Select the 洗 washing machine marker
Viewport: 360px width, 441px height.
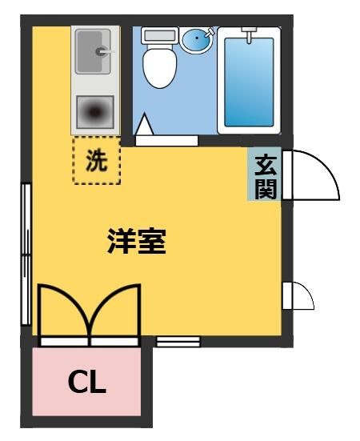click(96, 161)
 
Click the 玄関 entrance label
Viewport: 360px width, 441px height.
click(265, 175)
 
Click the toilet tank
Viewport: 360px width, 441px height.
click(158, 37)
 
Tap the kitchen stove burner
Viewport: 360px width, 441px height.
click(95, 114)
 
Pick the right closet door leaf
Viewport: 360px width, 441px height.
click(117, 314)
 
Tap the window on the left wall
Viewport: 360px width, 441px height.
click(26, 255)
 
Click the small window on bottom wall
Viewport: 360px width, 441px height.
click(178, 342)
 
